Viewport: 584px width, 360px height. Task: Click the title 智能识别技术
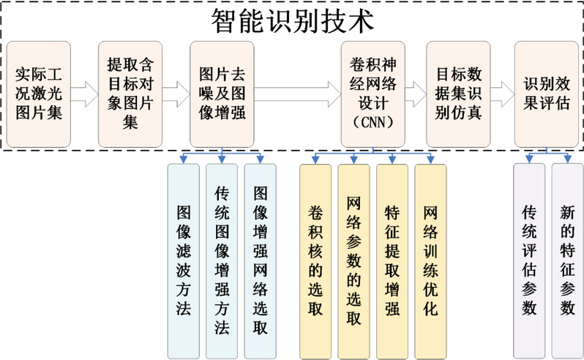[293, 20]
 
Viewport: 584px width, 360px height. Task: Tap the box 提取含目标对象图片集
[130, 94]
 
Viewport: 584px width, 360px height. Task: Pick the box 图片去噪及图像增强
[222, 94]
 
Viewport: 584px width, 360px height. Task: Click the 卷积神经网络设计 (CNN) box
[373, 94]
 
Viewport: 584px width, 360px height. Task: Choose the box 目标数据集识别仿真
[458, 94]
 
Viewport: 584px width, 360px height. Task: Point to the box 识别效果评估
[546, 94]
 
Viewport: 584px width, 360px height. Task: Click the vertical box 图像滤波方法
[183, 260]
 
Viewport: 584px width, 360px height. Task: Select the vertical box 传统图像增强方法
[222, 260]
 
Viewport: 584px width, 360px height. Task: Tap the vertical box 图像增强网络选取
[260, 260]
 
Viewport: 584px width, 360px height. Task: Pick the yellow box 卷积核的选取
[316, 260]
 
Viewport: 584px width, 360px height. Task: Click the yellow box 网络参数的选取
[353, 260]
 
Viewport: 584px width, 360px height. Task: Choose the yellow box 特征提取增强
[392, 260]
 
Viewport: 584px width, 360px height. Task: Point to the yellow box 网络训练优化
[430, 260]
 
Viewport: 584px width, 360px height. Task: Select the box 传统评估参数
[529, 260]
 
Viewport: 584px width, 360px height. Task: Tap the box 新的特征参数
[567, 260]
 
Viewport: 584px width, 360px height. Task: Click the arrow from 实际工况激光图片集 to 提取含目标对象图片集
[84, 94]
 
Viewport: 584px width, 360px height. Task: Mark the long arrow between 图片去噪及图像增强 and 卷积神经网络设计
[297, 94]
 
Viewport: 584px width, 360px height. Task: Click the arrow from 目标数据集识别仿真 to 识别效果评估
[502, 94]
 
